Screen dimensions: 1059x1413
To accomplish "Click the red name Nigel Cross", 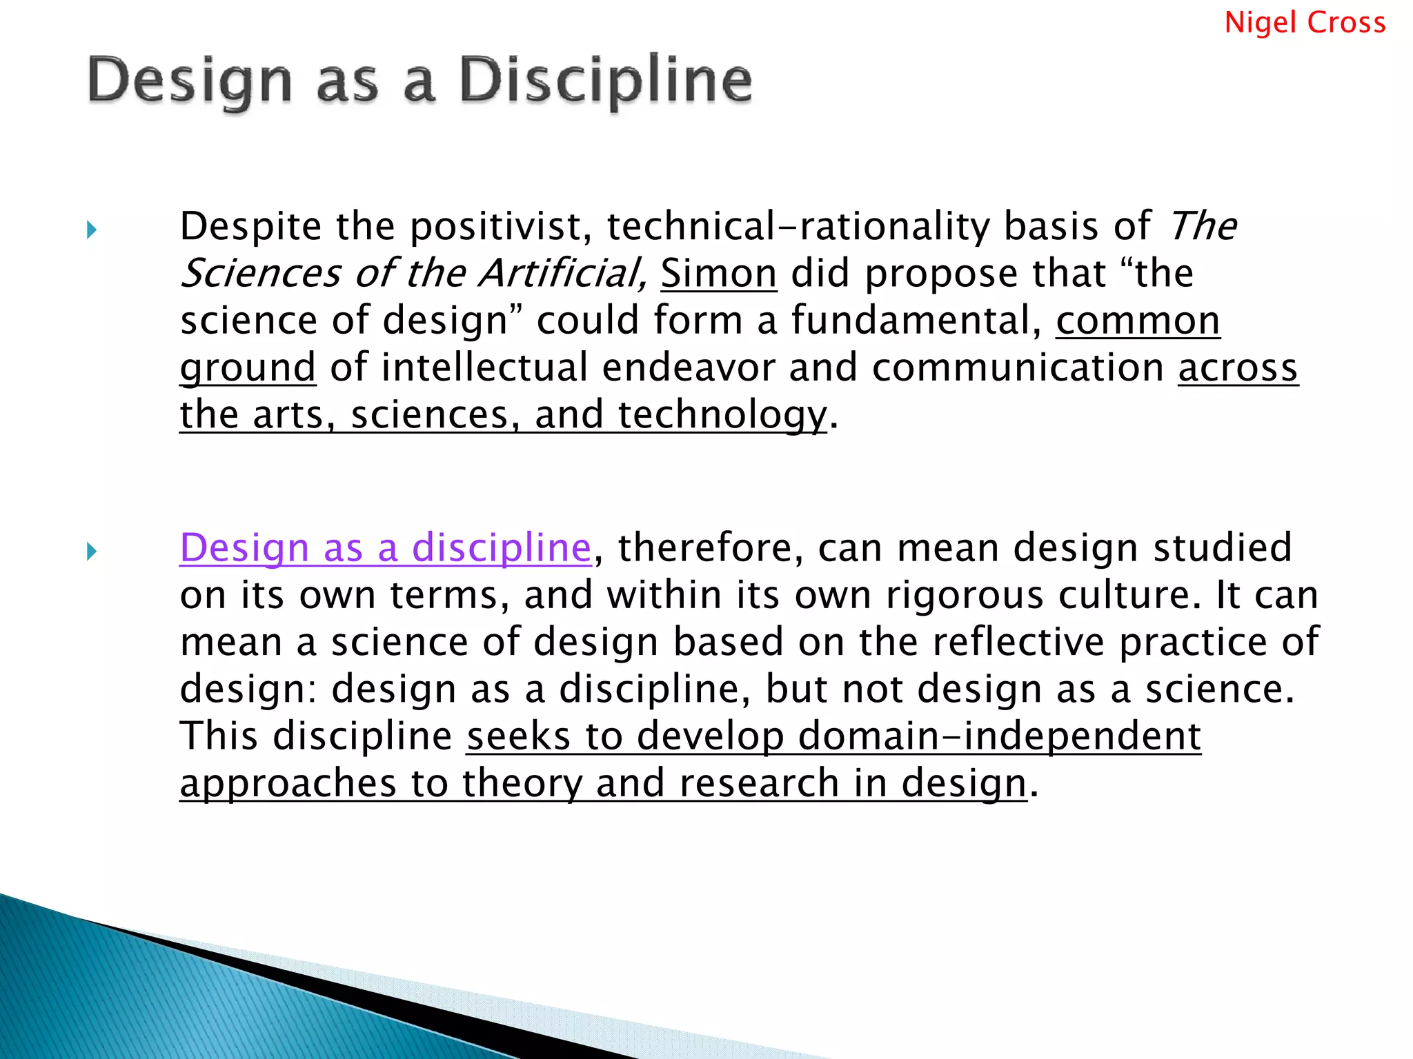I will pyautogui.click(x=1305, y=23).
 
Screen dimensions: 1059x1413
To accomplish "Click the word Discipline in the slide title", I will pyautogui.click(x=605, y=81).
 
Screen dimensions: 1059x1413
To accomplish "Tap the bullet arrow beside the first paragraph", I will pyautogui.click(x=92, y=230).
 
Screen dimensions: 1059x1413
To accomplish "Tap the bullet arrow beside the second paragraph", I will pyautogui.click(x=92, y=551).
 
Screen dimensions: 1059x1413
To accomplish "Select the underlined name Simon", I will pyautogui.click(x=718, y=274).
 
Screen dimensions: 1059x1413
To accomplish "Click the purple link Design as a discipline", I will pyautogui.click(x=385, y=548).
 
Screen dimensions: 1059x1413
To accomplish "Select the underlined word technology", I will pyautogui.click(x=722, y=416).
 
